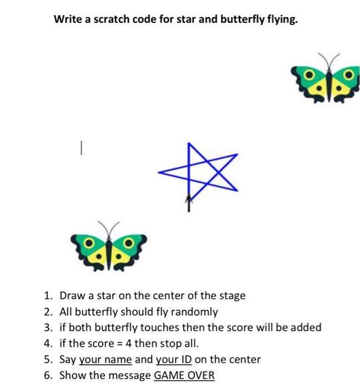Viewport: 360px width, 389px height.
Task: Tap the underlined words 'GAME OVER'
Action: click(x=184, y=375)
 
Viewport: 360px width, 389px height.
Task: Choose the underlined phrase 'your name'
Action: click(x=106, y=359)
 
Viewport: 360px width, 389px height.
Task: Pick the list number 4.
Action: click(x=48, y=343)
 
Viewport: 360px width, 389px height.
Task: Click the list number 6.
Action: click(x=48, y=375)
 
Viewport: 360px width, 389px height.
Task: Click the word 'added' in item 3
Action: click(x=307, y=328)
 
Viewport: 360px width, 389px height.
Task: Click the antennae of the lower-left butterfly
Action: click(x=108, y=228)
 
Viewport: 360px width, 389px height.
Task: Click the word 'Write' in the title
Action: click(x=66, y=19)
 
